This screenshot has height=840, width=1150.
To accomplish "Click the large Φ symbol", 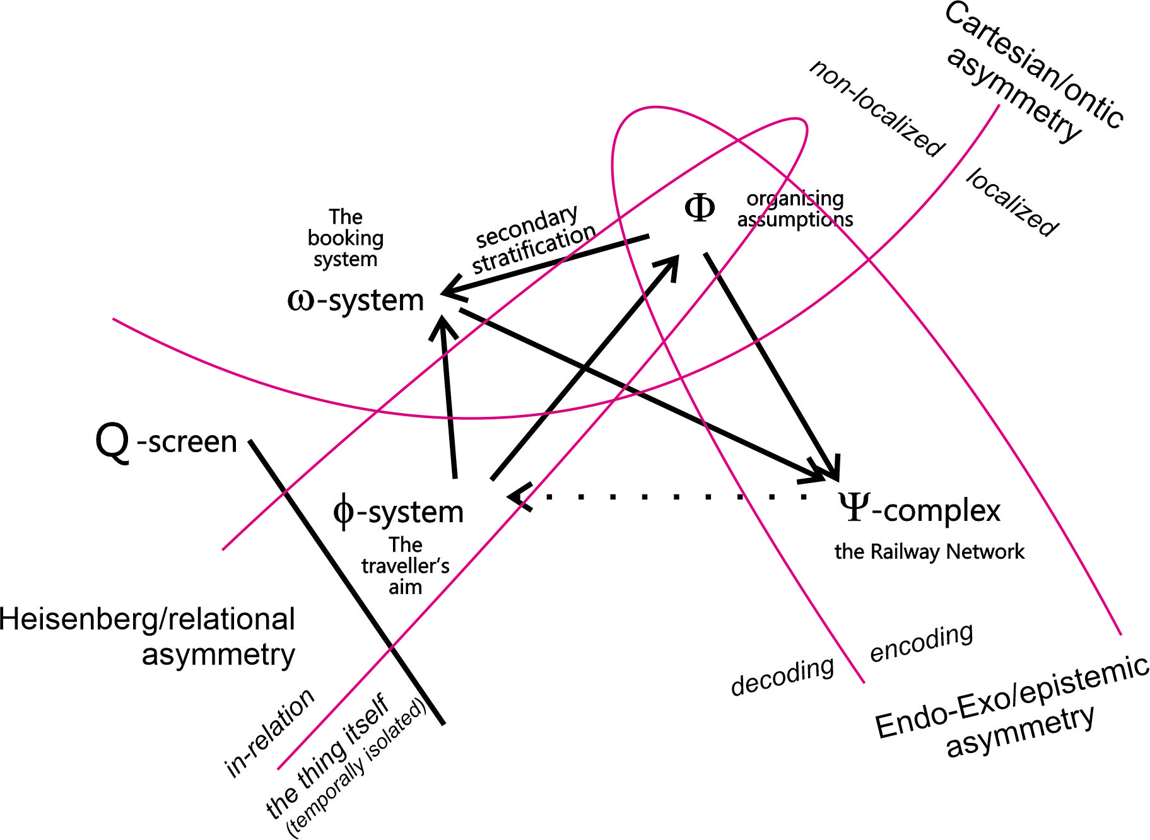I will coord(700,207).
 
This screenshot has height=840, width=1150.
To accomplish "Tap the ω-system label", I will coord(356,300).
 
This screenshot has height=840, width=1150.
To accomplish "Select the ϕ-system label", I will coord(399,511).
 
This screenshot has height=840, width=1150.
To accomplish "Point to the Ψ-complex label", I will coord(919,509).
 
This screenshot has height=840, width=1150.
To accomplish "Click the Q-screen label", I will coord(166,441).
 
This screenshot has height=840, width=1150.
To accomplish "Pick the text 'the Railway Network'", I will coord(929,551).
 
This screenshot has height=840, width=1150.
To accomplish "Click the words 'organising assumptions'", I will coord(795,209).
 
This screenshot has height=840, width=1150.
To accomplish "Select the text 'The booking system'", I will coord(346,238).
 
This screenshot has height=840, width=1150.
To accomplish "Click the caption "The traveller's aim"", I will coord(405,566).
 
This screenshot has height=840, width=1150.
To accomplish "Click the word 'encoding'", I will coord(921,642).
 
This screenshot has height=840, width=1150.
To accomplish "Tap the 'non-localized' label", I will coord(877,108).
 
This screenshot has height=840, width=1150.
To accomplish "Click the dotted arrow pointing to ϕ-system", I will coord(662,497).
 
